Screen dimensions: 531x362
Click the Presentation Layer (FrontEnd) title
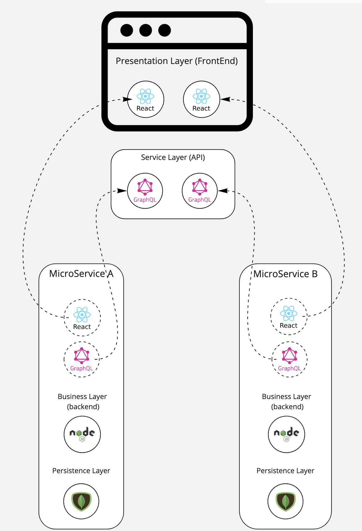point(177,61)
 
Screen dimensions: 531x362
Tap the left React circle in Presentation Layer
point(146,99)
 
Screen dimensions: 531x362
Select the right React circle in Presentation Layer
point(201,99)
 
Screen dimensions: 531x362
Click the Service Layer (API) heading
point(173,158)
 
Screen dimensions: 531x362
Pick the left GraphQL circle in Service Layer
point(145,191)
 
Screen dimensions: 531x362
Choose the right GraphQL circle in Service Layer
point(200,191)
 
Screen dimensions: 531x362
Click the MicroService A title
point(81,273)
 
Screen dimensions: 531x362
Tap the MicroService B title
point(285,274)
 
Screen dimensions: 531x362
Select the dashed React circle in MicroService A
point(82,317)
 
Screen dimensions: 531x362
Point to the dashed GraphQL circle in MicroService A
point(81,359)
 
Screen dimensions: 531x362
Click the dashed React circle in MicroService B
point(289,316)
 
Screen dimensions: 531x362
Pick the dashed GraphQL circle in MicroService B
point(289,359)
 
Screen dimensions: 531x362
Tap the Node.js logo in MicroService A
point(82,434)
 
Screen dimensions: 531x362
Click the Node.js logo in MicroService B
point(286,434)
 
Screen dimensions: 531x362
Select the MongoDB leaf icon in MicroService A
point(81,501)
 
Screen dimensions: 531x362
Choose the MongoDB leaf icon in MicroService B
point(285,501)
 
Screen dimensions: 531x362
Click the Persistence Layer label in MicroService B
point(285,471)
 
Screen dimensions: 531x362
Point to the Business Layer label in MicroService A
point(82,401)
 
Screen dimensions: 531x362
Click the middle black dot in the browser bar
point(146,30)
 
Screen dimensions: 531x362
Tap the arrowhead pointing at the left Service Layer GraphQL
point(122,191)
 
